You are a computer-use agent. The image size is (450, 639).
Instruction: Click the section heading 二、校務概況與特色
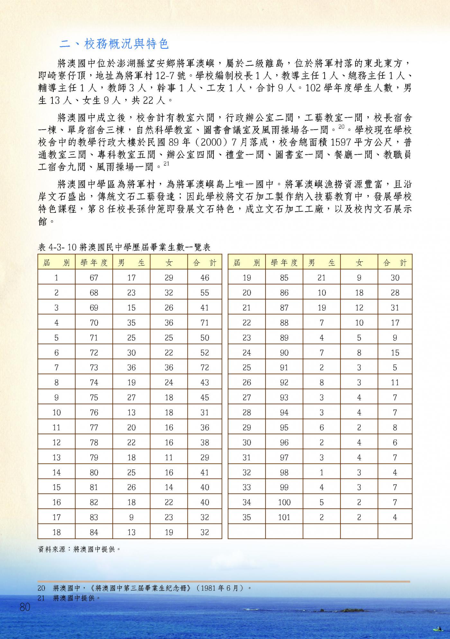click(x=114, y=44)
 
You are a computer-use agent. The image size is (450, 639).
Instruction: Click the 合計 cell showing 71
click(x=204, y=323)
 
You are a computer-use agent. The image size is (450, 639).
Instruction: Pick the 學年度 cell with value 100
click(x=284, y=502)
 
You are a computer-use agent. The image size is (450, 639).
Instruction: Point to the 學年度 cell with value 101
click(x=284, y=517)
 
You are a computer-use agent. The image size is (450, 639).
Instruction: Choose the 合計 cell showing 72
click(x=204, y=367)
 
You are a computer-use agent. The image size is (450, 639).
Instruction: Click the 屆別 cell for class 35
click(x=247, y=517)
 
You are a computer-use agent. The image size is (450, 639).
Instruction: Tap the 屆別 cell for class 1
click(x=56, y=278)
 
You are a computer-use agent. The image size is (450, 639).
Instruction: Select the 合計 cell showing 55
click(x=204, y=293)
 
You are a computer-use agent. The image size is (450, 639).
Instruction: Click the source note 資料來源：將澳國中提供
click(x=79, y=549)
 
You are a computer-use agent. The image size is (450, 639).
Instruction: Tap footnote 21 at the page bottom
click(x=69, y=598)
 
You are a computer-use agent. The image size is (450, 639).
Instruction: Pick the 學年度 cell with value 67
click(x=94, y=278)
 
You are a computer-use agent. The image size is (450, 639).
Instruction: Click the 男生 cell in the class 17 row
click(x=131, y=517)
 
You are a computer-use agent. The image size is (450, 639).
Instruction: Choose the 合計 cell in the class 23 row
click(x=395, y=338)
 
